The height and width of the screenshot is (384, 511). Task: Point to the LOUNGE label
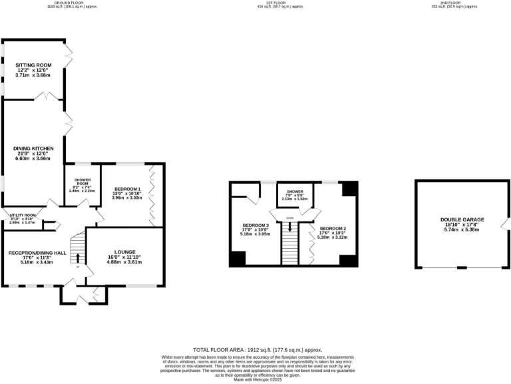(124, 252)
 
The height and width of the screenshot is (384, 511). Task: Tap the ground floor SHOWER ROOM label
(83, 181)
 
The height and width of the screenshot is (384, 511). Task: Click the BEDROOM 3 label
(255, 225)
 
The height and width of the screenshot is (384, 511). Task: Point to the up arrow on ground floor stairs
(78, 259)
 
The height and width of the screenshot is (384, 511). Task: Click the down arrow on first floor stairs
(289, 226)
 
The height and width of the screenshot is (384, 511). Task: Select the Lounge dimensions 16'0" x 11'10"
(124, 257)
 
